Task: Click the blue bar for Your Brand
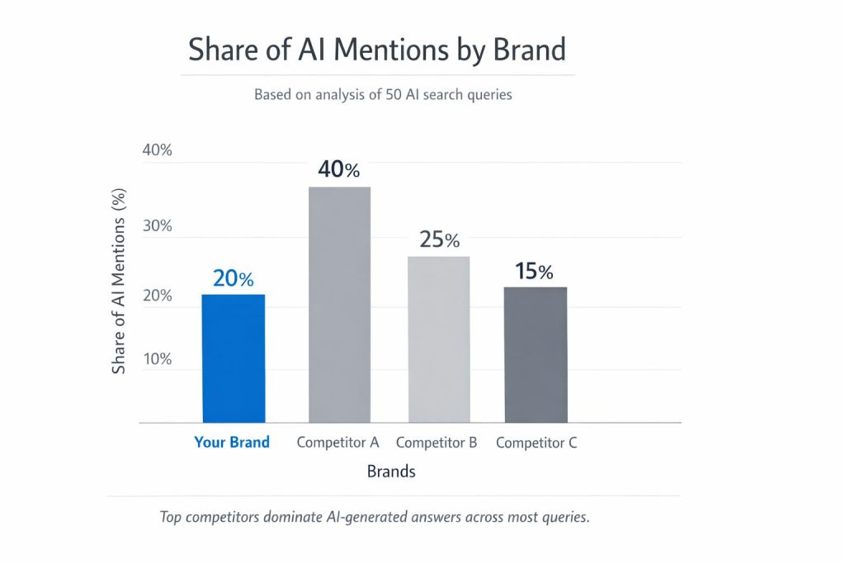pyautogui.click(x=234, y=358)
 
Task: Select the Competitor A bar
pyautogui.click(x=339, y=305)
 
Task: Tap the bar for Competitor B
pyautogui.click(x=438, y=339)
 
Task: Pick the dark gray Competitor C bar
pyautogui.click(x=536, y=354)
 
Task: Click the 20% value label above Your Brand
pyautogui.click(x=234, y=279)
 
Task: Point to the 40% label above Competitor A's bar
pyautogui.click(x=339, y=171)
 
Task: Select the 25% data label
pyautogui.click(x=438, y=240)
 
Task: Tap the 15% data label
pyautogui.click(x=535, y=272)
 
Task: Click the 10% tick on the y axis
pyautogui.click(x=157, y=359)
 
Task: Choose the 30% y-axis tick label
pyautogui.click(x=157, y=226)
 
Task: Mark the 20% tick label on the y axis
pyautogui.click(x=157, y=296)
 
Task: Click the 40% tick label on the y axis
pyautogui.click(x=157, y=150)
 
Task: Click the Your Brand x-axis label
pyautogui.click(x=232, y=443)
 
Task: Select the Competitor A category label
pyautogui.click(x=338, y=443)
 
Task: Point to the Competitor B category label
pyautogui.click(x=437, y=443)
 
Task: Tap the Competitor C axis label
pyautogui.click(x=536, y=443)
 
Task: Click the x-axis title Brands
pyautogui.click(x=391, y=472)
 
